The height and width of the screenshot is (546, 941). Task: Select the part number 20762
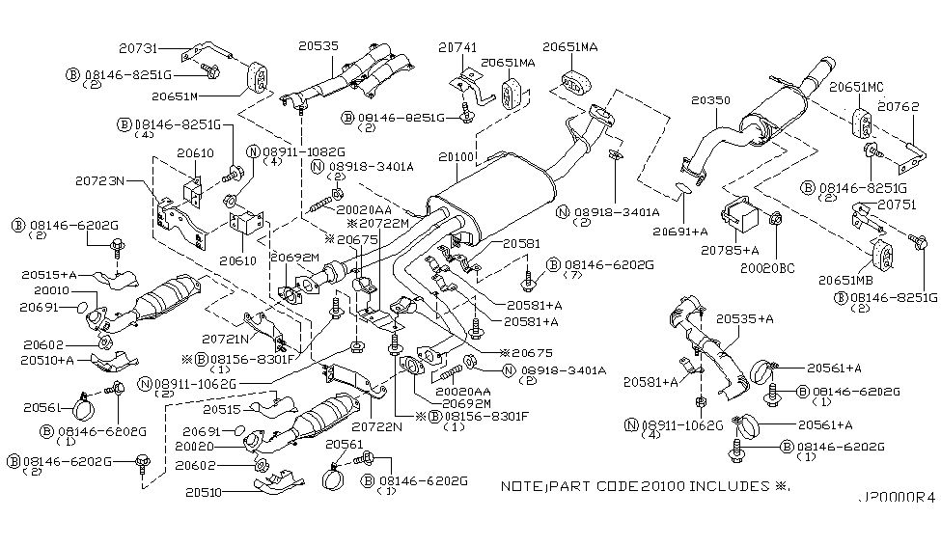coord(898,106)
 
